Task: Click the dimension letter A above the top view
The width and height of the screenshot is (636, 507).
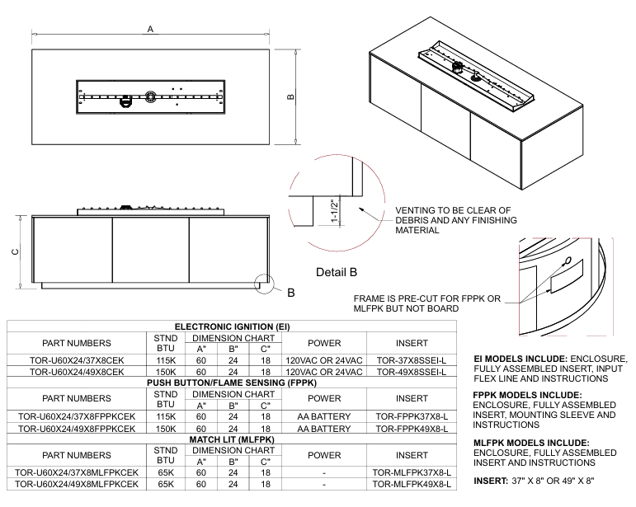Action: click(150, 29)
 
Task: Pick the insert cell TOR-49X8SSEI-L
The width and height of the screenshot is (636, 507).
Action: click(412, 372)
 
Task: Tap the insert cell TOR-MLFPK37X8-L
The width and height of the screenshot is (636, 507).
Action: click(412, 472)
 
